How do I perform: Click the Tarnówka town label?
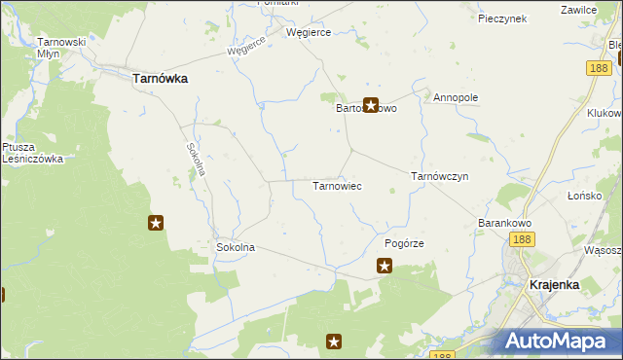coord(160,79)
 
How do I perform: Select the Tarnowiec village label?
coord(337,185)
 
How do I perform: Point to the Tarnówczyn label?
coord(440,176)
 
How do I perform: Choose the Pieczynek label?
coord(502,18)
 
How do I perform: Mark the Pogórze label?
coord(405,243)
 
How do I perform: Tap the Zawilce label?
coord(578,9)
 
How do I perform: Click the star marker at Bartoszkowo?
coord(370,105)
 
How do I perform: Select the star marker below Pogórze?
coord(385,265)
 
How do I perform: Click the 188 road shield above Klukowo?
coord(599,67)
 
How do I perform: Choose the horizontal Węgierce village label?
coord(309,32)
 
